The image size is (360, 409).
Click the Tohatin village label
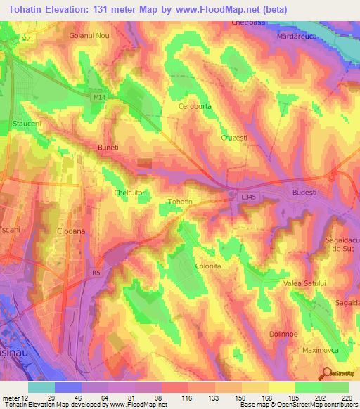pyautogui.click(x=180, y=202)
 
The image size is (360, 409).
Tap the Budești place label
pyautogui.click(x=306, y=190)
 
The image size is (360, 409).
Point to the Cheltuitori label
pyautogui.click(x=129, y=192)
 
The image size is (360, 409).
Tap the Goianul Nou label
pyautogui.click(x=89, y=34)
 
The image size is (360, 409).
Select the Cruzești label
pyautogui.click(x=234, y=138)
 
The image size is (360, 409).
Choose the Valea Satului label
pyautogui.click(x=304, y=283)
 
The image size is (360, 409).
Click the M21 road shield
pyautogui.click(x=26, y=40)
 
